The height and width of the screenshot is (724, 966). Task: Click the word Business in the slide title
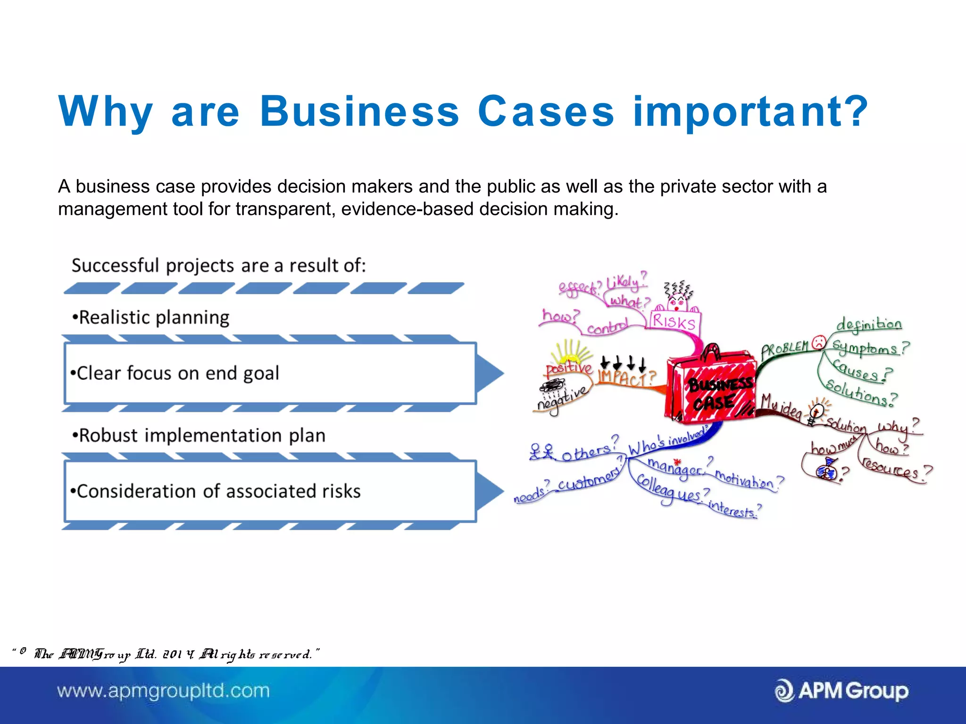tap(359, 112)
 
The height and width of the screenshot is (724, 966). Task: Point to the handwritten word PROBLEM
tap(785, 349)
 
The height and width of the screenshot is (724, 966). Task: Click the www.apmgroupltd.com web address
tap(163, 691)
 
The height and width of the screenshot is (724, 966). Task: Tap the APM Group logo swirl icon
tap(784, 691)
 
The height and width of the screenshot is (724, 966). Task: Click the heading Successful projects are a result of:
tap(218, 266)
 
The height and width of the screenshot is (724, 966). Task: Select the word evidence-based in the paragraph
tap(407, 209)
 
